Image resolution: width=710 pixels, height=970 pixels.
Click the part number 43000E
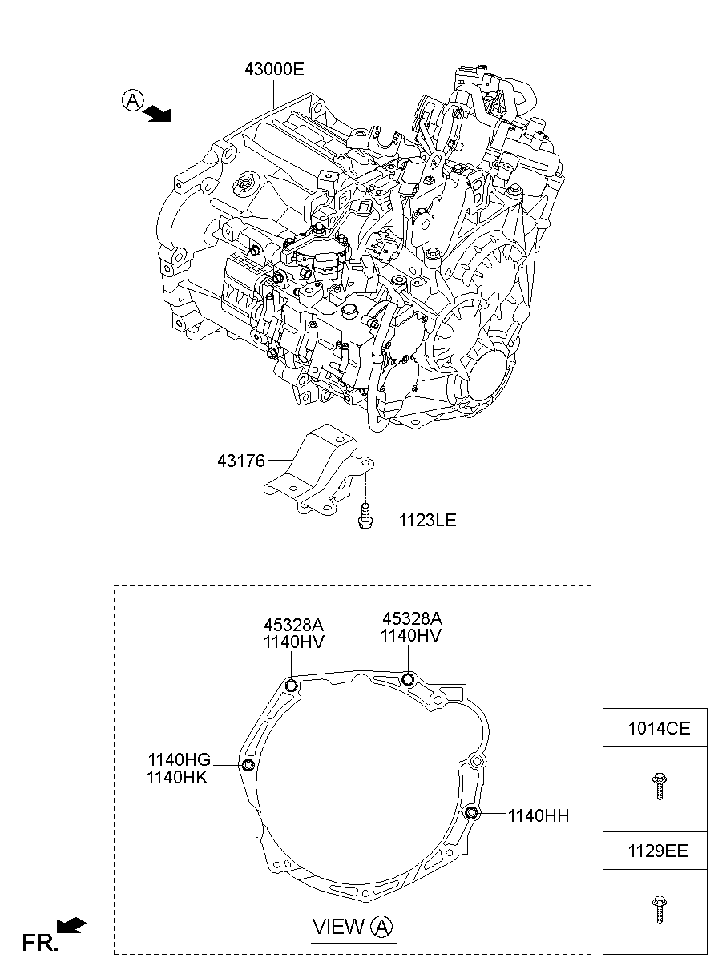tap(274, 70)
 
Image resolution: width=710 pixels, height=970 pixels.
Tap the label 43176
tap(240, 462)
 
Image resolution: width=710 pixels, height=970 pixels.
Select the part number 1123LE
tap(426, 521)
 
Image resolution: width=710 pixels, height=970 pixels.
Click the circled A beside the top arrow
tap(132, 100)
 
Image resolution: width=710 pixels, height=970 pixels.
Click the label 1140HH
tap(538, 815)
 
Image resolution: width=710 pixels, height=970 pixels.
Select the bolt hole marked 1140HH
tap(471, 814)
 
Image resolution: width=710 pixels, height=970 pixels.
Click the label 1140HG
tap(178, 759)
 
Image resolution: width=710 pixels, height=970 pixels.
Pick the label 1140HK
tap(178, 777)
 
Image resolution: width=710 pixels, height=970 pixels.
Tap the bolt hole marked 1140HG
tap(248, 767)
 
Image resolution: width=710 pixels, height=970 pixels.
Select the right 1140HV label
tap(411, 636)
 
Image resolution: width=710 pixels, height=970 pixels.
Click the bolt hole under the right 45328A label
tap(409, 680)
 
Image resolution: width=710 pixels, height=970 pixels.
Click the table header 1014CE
tap(658, 729)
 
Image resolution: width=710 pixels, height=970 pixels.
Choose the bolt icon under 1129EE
tap(658, 909)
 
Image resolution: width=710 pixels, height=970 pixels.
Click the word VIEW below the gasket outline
tap(338, 928)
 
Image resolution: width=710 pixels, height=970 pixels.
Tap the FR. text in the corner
tap(40, 943)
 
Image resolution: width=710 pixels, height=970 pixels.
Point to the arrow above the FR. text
tap(72, 927)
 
